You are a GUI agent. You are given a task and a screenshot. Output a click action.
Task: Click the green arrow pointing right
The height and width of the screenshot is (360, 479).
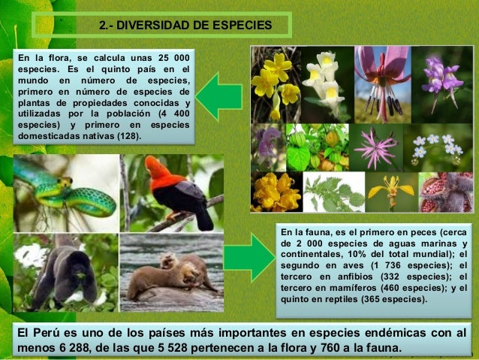click(250, 258)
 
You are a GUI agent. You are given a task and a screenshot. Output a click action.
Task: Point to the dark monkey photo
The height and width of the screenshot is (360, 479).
click(65, 273)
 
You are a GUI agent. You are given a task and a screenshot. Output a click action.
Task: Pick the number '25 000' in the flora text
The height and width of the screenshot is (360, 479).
click(170, 58)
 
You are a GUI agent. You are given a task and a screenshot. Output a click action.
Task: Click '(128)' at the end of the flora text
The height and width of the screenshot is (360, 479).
click(125, 137)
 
